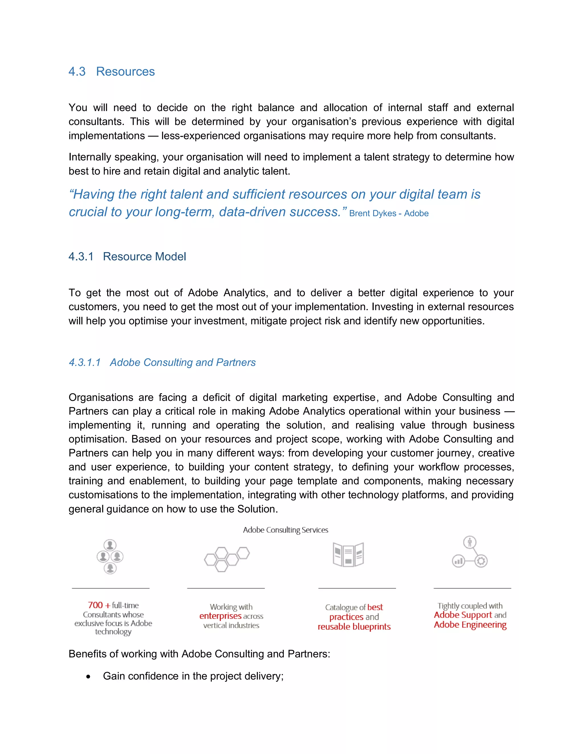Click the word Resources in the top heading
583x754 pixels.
(125, 71)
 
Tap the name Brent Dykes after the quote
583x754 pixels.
(372, 213)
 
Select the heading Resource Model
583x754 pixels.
(144, 257)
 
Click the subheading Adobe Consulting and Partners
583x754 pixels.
(183, 362)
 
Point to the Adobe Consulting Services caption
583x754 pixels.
(285, 530)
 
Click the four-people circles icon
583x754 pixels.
(110, 557)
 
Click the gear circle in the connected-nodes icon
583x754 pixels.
(481, 561)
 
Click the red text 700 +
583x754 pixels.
(99, 605)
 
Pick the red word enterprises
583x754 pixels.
(220, 616)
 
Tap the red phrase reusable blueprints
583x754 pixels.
(354, 627)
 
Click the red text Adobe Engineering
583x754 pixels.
(470, 625)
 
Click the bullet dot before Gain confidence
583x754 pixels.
(89, 677)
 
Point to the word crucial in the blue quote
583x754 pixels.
(88, 212)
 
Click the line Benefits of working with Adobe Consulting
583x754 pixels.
(199, 654)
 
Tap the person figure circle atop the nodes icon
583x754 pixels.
(470, 542)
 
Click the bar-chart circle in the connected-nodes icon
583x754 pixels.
(458, 561)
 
